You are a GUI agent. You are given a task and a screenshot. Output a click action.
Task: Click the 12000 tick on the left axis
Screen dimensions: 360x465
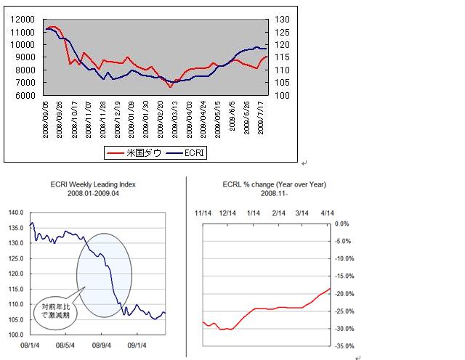tap(25, 20)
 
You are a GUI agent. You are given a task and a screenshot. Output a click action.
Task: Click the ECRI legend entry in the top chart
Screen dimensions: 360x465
tap(187, 152)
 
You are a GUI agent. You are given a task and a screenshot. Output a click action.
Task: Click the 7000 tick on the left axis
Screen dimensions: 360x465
tap(27, 83)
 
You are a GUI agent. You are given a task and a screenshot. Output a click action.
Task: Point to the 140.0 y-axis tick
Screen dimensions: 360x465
tap(16, 213)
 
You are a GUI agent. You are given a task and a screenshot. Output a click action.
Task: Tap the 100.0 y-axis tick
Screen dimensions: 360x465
tap(16, 335)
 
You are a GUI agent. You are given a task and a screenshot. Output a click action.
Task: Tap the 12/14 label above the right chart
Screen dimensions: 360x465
tap(229, 212)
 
